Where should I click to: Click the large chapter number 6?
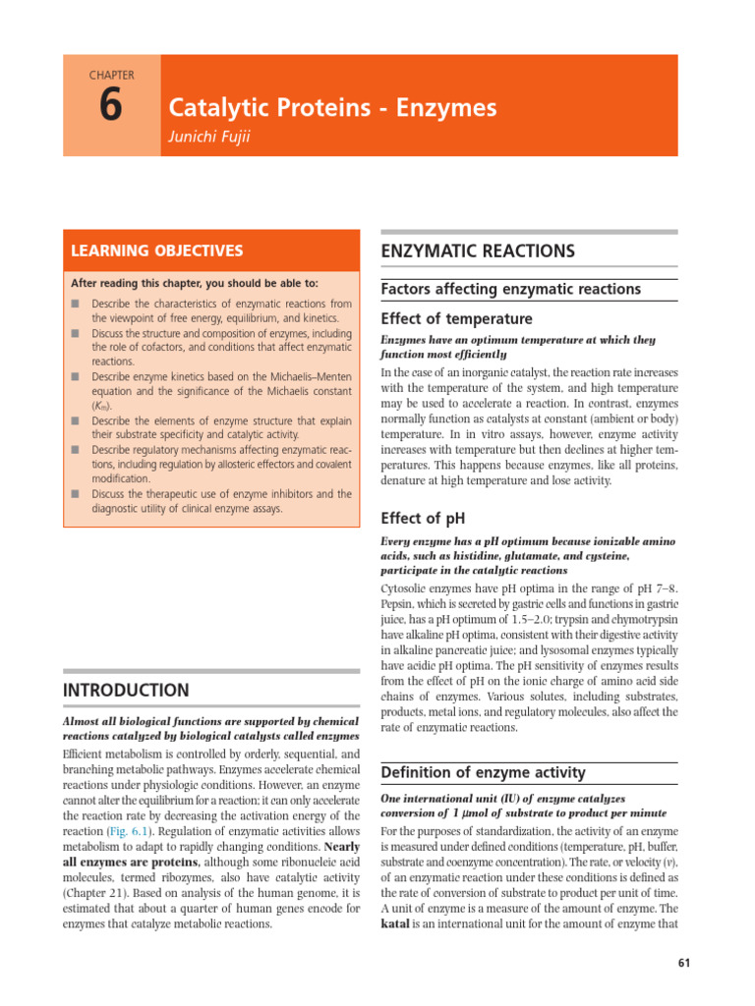pos(110,106)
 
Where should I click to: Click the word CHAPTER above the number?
pos(110,75)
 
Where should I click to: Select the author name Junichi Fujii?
pos(210,137)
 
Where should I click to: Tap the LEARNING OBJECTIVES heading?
pos(153,251)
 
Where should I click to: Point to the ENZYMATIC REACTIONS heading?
pos(477,251)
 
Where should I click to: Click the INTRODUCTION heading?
pos(127,690)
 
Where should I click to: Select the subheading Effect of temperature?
pos(456,318)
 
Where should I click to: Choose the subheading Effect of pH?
pos(423,518)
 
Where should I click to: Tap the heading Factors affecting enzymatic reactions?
pos(510,289)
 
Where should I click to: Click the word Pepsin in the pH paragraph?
pos(399,603)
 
